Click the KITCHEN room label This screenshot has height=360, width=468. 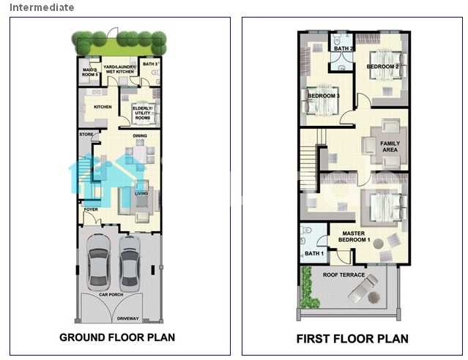(103, 107)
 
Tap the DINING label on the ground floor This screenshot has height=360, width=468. (140, 135)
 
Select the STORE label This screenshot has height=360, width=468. (86, 135)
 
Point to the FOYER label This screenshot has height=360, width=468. (91, 209)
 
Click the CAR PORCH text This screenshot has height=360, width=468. (111, 294)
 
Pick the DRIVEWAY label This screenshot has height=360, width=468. (127, 318)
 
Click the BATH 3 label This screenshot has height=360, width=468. (150, 64)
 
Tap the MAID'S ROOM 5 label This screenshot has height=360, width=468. (90, 72)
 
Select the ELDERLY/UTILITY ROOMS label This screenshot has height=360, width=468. (143, 113)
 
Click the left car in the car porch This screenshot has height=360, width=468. (98, 262)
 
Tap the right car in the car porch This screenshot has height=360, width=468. (130, 263)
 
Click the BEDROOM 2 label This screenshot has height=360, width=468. (382, 67)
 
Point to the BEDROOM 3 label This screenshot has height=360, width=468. (324, 96)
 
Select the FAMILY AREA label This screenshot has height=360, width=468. (390, 146)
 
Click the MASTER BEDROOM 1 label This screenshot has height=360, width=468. (354, 236)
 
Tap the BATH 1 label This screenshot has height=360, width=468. (314, 253)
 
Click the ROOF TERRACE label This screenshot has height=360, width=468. (343, 274)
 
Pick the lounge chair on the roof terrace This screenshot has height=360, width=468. (363, 288)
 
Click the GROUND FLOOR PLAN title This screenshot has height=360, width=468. (117, 337)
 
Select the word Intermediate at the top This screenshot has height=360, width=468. (42, 7)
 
